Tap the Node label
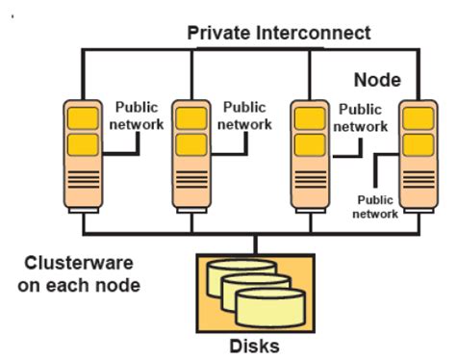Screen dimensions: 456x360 pos(377,80)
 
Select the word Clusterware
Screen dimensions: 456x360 pos(79,263)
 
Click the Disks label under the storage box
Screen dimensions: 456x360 pos(254,347)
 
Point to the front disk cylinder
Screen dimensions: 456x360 pos(270,308)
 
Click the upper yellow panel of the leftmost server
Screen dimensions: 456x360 pos(83,118)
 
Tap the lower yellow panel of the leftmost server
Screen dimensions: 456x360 pos(83,144)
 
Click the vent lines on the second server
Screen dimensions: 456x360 pos(191,180)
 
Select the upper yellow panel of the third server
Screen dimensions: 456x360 pos(310,118)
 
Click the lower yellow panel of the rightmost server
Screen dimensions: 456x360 pos(418,145)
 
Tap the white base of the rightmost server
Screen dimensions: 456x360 pos(418,211)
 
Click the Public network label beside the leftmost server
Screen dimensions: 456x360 pos(137,116)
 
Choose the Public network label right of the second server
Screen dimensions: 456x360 pos(244,116)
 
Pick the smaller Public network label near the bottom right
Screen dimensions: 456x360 pos(375,207)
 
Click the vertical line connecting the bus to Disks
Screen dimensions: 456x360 pos(255,244)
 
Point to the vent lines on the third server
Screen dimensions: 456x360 pos(311,180)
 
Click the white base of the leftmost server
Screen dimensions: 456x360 pos(84,211)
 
